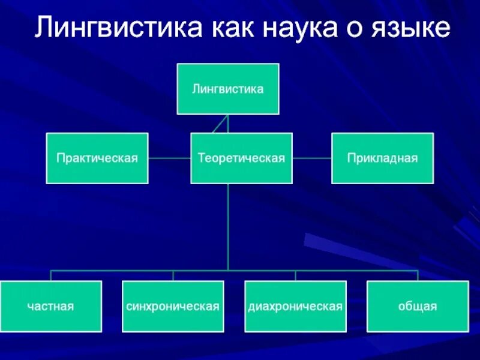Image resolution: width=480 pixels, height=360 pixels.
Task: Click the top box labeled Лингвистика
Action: tap(228, 89)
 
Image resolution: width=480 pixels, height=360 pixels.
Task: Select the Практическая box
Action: tap(97, 158)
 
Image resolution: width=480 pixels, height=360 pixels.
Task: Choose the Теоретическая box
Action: tap(241, 158)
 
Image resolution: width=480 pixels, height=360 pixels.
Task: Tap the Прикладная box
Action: tap(382, 158)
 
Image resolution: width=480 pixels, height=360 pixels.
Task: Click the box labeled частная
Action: tap(50, 306)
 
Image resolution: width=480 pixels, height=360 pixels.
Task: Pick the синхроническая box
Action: tap(173, 306)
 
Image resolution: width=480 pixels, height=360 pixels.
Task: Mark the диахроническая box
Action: tap(295, 306)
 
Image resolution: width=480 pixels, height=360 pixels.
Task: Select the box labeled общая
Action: tap(418, 306)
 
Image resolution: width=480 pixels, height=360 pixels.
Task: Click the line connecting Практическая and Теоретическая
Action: tap(169, 158)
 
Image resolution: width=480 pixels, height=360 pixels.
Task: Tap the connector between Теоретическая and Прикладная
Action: tap(312, 158)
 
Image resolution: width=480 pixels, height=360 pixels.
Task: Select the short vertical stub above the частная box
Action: tap(50, 275)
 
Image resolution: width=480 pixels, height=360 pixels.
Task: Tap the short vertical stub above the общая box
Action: tap(418, 275)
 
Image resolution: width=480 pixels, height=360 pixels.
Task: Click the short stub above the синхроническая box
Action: tap(173, 275)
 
